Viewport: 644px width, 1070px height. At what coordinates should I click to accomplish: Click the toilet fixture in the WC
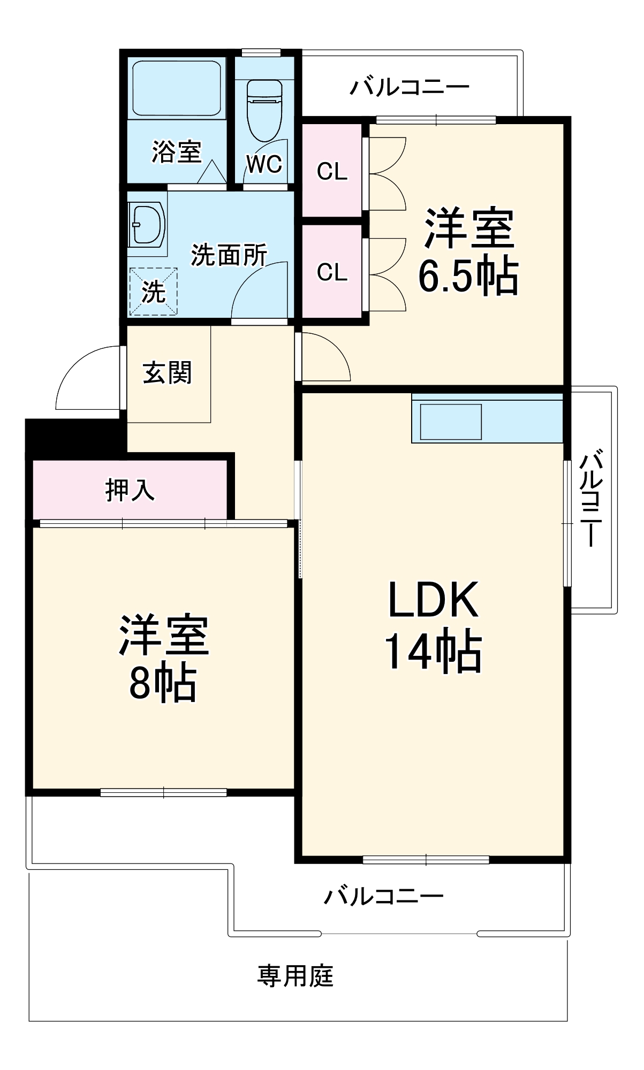tap(264, 110)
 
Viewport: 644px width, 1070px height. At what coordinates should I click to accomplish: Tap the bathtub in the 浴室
tap(177, 88)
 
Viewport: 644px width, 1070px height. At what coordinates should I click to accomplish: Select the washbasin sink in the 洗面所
tap(146, 224)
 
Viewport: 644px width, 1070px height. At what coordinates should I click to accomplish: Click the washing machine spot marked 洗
tap(153, 292)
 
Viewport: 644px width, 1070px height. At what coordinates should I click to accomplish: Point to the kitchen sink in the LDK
tap(451, 422)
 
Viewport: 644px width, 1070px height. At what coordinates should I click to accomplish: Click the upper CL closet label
tap(332, 171)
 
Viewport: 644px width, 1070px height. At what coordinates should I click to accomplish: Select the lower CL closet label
tap(332, 272)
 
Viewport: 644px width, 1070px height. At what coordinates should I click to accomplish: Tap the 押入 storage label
tap(130, 490)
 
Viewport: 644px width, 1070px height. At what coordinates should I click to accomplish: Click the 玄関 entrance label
tap(167, 372)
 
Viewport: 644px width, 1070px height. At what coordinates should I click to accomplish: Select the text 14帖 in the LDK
tap(433, 652)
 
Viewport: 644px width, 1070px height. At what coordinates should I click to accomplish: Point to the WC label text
tap(264, 164)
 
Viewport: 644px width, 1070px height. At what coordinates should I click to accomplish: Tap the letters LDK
tap(433, 600)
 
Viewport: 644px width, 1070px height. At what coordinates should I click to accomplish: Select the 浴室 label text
tap(177, 151)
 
